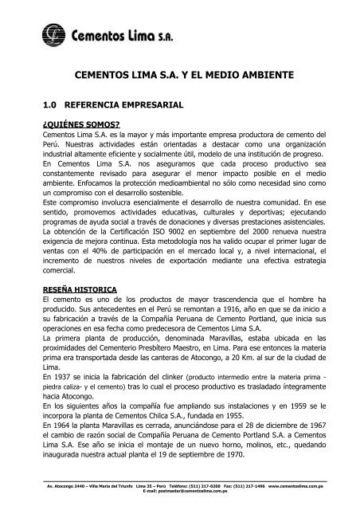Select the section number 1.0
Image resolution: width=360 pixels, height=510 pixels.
pyautogui.click(x=49, y=104)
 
